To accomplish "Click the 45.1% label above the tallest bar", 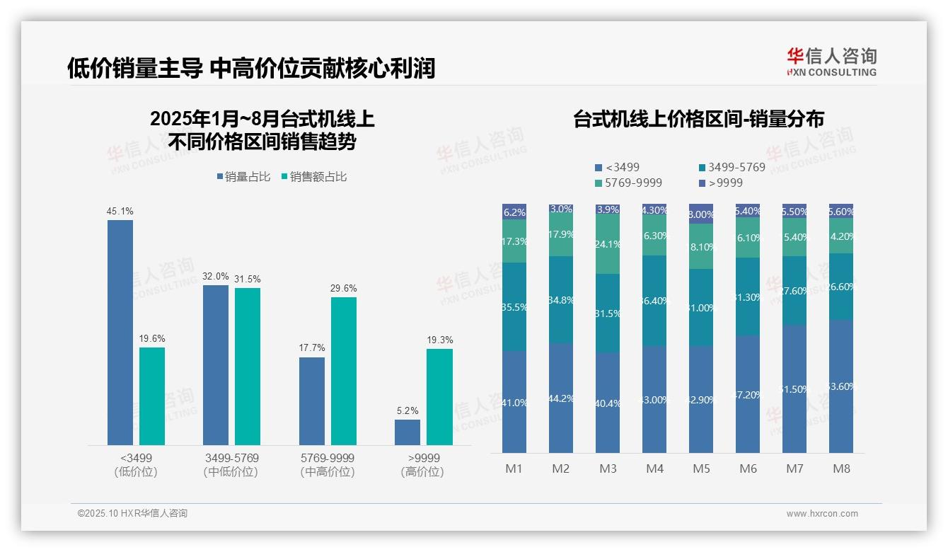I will pyautogui.click(x=120, y=211).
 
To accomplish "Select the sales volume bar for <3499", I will pyautogui.click(x=120, y=332).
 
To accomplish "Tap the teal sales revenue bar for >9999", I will pyautogui.click(x=439, y=396).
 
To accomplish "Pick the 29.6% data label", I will pyautogui.click(x=344, y=288).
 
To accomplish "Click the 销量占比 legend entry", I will pyautogui.click(x=243, y=177).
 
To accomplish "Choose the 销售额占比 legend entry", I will pyautogui.click(x=314, y=177).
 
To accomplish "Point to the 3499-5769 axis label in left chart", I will pyautogui.click(x=231, y=458).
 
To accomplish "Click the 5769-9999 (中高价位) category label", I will pyautogui.click(x=327, y=464).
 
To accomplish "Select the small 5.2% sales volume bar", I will pyautogui.click(x=407, y=432).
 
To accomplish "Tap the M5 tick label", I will pyautogui.click(x=701, y=468).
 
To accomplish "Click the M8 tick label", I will pyautogui.click(x=841, y=468).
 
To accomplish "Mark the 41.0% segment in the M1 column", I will pyautogui.click(x=514, y=402).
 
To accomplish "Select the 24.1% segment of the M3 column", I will pyautogui.click(x=608, y=244).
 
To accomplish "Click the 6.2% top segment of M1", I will pyautogui.click(x=514, y=212).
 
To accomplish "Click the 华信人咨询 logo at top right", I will pyautogui.click(x=831, y=62).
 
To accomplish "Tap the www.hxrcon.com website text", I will pyautogui.click(x=821, y=514).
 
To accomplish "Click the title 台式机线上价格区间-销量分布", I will pyautogui.click(x=698, y=119).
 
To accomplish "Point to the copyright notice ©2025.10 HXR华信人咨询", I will pyautogui.click(x=132, y=514).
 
